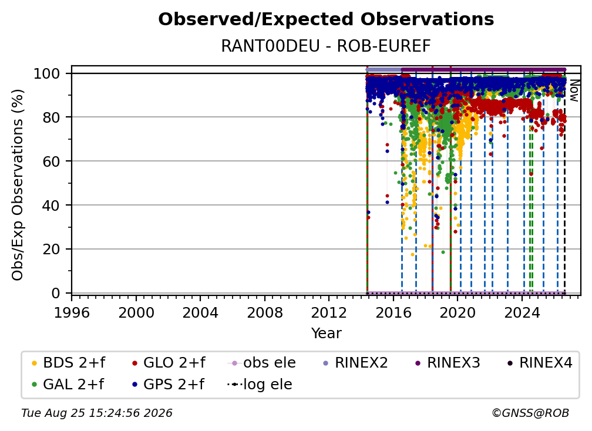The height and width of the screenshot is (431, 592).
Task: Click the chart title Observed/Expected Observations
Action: [326, 19]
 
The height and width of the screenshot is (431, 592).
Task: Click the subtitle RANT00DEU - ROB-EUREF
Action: [326, 46]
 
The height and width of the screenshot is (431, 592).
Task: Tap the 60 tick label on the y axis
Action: [51, 161]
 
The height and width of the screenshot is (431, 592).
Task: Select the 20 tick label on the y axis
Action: [51, 250]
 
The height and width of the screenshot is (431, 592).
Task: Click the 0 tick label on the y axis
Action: [56, 293]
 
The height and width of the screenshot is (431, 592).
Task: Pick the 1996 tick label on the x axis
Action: [72, 313]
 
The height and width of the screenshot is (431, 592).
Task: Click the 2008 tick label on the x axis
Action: [265, 313]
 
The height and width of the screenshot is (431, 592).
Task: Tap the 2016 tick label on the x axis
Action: [393, 313]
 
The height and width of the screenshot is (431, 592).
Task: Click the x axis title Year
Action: [326, 334]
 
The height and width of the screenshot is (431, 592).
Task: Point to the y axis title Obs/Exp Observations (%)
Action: [18, 184]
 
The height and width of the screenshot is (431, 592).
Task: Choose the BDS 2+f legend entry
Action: [68, 363]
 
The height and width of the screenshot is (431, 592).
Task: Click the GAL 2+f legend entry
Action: [68, 385]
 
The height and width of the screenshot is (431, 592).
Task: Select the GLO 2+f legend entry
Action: [169, 363]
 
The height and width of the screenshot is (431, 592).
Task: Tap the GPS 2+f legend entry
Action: [168, 385]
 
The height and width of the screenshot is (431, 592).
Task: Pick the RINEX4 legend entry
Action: [540, 363]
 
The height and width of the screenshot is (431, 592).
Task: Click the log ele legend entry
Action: [260, 385]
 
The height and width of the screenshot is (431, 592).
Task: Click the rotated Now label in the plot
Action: [574, 90]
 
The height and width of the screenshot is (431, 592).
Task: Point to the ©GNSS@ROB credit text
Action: [530, 413]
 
